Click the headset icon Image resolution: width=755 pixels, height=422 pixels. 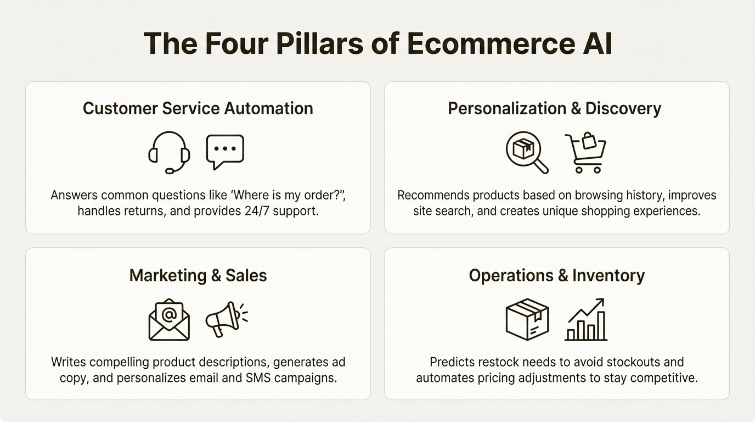[169, 153]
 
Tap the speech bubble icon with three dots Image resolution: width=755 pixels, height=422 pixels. [225, 152]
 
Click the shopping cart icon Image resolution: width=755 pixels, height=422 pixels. [585, 152]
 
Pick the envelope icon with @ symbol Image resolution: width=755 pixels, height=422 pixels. [169, 319]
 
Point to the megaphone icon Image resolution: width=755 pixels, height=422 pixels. [226, 319]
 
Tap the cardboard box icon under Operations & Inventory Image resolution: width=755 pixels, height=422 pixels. [527, 319]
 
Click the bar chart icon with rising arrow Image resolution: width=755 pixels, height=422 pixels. [586, 320]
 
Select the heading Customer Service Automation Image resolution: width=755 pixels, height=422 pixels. [198, 108]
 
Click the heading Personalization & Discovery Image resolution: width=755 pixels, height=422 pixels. [555, 108]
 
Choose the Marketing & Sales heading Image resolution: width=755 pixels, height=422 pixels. [198, 275]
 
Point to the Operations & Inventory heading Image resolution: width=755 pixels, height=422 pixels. [556, 275]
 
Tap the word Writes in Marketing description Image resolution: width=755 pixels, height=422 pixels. [68, 362]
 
